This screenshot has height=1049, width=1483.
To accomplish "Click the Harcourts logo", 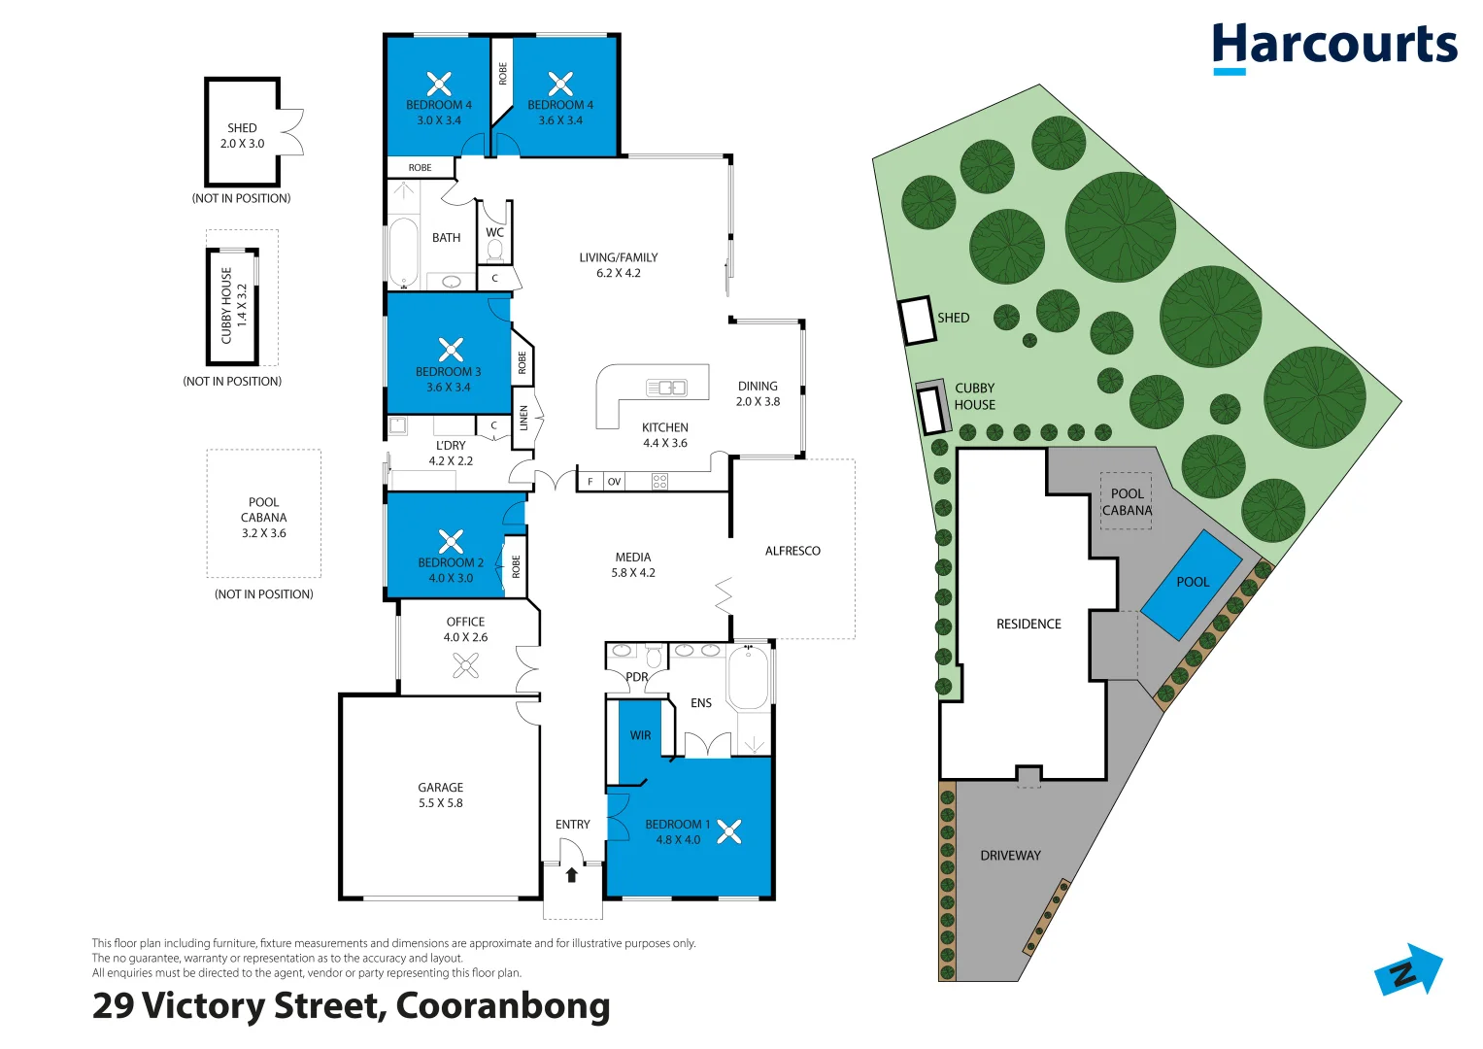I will click(1333, 48).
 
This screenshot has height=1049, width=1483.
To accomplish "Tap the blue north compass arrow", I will click(1409, 970).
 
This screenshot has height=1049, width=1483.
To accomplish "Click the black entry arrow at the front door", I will click(572, 875).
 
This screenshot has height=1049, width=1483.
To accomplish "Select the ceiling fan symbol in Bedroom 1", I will click(729, 831).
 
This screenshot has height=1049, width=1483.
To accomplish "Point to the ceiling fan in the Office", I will click(465, 665).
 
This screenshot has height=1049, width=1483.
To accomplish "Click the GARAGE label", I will click(440, 788).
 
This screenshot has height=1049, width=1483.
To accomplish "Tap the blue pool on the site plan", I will click(1192, 583).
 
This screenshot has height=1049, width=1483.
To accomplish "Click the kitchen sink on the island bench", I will click(666, 388).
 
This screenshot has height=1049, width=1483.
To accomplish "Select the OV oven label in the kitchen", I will click(614, 482).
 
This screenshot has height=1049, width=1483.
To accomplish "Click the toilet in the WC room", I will click(494, 252).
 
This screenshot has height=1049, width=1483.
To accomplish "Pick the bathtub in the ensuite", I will click(748, 677).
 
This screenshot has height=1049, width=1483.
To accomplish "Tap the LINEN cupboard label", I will click(523, 419).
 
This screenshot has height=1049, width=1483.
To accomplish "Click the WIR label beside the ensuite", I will click(640, 735).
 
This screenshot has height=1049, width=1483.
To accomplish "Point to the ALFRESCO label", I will click(792, 551).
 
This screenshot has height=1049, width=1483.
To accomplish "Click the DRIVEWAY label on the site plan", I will click(1010, 856).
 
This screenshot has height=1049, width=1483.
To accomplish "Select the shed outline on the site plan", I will click(916, 321).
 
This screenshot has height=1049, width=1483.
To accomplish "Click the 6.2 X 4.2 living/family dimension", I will click(619, 273).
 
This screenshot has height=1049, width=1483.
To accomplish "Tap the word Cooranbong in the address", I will click(503, 1005).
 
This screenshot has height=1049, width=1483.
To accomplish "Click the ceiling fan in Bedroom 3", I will click(451, 350).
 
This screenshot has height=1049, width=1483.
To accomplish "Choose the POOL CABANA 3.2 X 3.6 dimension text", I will click(264, 533).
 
